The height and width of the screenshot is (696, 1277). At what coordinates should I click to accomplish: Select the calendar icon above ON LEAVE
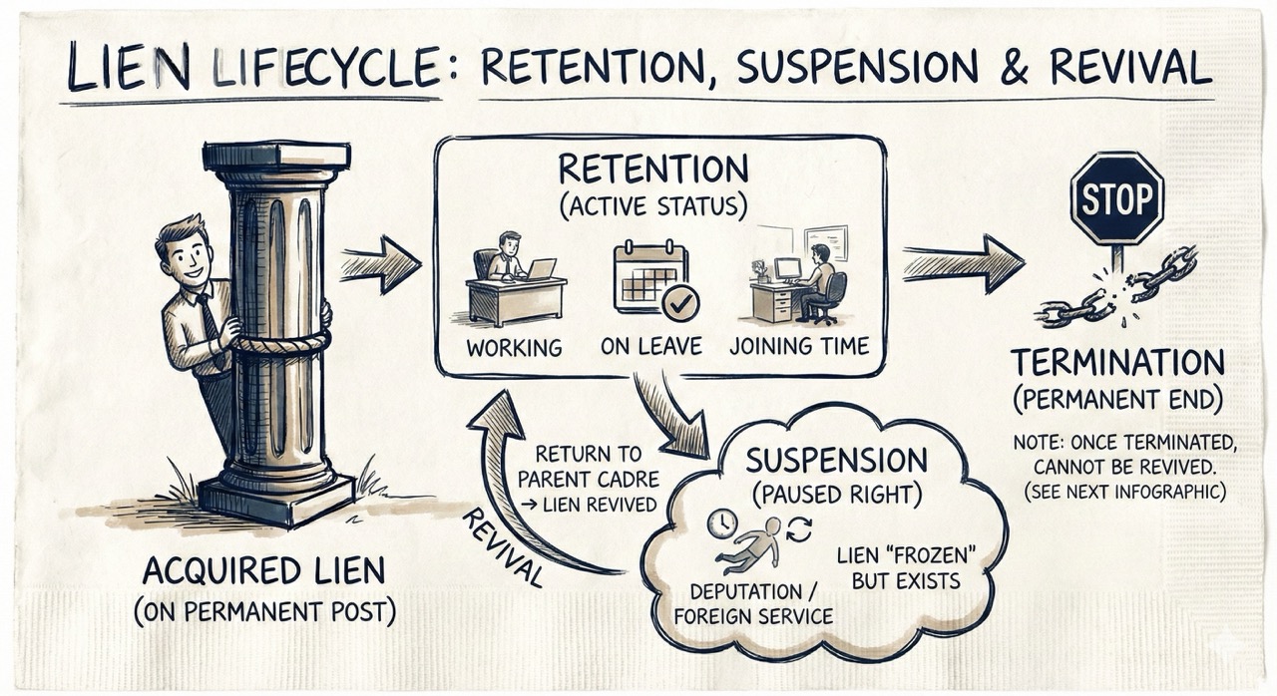click(x=650, y=274)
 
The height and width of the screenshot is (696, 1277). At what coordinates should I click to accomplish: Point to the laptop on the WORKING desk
click(x=542, y=268)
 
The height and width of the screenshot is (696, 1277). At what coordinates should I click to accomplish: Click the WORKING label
click(x=515, y=348)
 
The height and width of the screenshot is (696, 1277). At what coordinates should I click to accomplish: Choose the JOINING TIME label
click(x=799, y=348)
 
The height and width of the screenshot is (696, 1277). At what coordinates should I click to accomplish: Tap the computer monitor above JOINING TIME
click(x=787, y=268)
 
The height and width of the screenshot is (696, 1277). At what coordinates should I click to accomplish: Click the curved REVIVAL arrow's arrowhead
click(x=503, y=412)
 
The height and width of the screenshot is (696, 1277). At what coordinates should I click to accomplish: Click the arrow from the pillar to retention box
click(x=381, y=264)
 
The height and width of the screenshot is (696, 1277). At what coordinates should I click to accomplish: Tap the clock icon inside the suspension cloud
click(x=721, y=522)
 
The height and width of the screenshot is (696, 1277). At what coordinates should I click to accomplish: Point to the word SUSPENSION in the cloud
click(x=836, y=461)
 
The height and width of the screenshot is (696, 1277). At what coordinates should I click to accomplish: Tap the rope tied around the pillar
click(x=279, y=343)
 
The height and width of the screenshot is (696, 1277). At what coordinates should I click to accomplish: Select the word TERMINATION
click(x=1116, y=362)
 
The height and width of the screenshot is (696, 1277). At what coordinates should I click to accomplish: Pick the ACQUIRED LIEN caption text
click(x=264, y=572)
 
